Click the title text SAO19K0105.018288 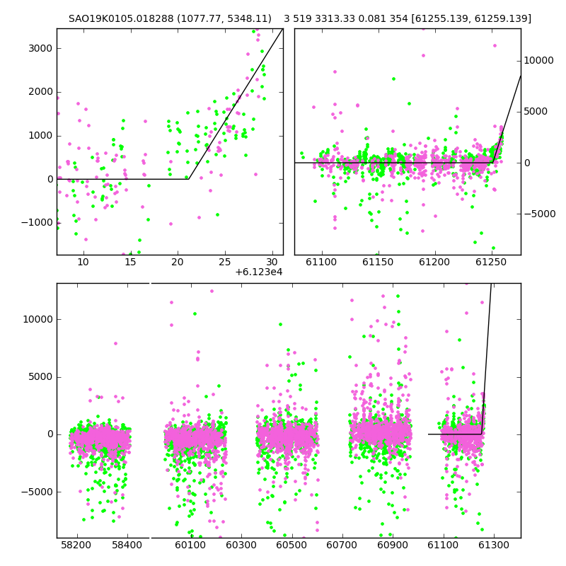click(x=121, y=18)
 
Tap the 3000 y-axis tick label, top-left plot click(x=40, y=48)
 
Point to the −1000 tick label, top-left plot click(x=37, y=223)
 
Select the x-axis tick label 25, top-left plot click(x=224, y=262)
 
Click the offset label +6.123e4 click(x=258, y=272)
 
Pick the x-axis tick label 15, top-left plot click(x=130, y=262)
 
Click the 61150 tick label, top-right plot click(x=378, y=262)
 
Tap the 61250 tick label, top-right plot click(x=491, y=262)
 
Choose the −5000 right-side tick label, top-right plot click(x=540, y=214)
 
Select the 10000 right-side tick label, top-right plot click(x=538, y=61)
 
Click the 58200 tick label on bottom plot click(x=76, y=545)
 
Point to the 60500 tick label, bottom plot click(x=291, y=545)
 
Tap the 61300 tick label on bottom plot click(x=493, y=545)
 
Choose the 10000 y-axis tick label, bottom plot click(x=38, y=320)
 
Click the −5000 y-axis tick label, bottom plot click(x=37, y=492)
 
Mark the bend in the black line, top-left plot click(x=188, y=179)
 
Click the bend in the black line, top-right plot click(x=493, y=163)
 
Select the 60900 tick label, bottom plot click(x=393, y=545)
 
